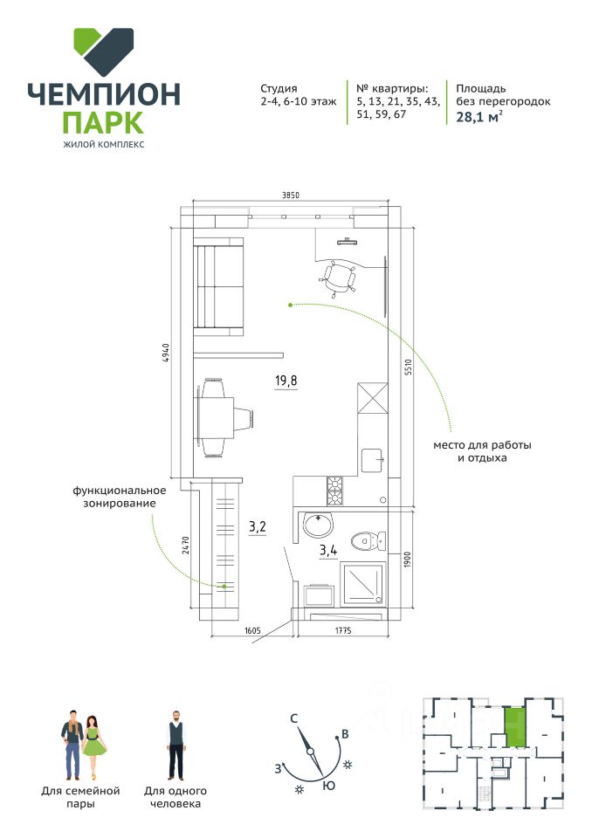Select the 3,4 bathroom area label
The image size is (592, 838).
(328, 550)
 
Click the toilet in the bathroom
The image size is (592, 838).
(365, 542)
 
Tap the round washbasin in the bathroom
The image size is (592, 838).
(317, 526)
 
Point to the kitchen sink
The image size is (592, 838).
(373, 458)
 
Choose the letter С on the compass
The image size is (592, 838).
(295, 718)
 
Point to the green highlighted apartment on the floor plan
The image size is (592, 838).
(516, 726)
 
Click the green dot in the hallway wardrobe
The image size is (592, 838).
(224, 586)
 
